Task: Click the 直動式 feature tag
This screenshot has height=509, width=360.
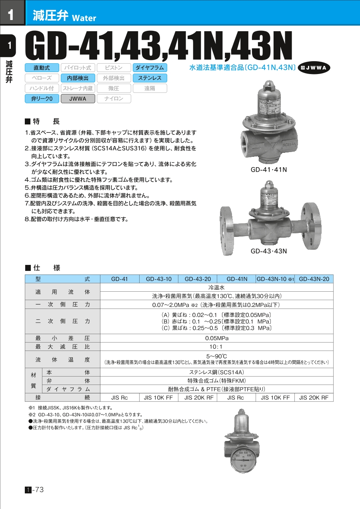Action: [x=42, y=68]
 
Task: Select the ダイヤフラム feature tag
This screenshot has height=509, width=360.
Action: [x=150, y=68]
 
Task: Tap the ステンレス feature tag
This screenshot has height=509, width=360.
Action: [x=150, y=78]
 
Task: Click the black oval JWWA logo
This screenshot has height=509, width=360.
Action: [x=314, y=68]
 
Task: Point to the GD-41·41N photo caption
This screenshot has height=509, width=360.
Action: [x=269, y=170]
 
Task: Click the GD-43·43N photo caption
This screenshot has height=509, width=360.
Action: [x=269, y=251]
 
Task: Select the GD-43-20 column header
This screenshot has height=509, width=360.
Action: [x=197, y=279]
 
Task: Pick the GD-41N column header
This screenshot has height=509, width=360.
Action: [x=237, y=279]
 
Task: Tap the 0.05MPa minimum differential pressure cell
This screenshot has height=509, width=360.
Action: [x=216, y=338]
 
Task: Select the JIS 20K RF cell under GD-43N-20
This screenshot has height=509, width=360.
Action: [x=314, y=398]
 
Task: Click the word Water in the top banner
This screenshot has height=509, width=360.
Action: [x=84, y=18]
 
